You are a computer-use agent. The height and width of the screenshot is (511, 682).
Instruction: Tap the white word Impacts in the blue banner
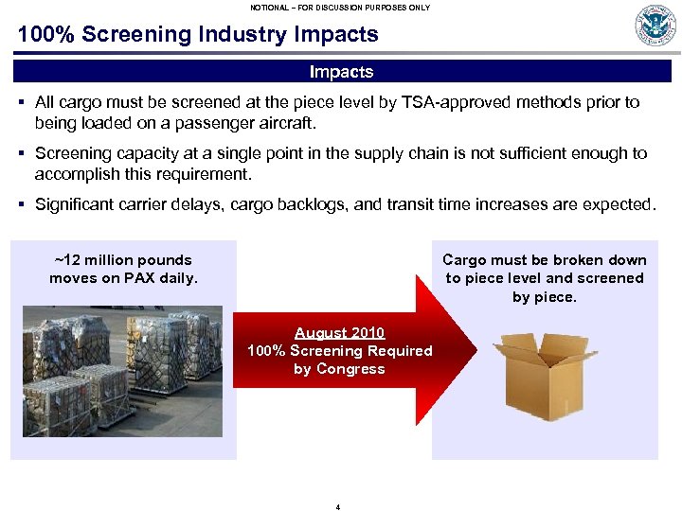[341, 72]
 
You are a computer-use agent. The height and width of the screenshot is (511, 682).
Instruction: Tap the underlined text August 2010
[339, 332]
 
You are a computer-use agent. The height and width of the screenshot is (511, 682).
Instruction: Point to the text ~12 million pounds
[123, 260]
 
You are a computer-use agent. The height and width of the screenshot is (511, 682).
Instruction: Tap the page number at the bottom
[338, 506]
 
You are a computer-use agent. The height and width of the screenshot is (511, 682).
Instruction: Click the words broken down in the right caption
[603, 260]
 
